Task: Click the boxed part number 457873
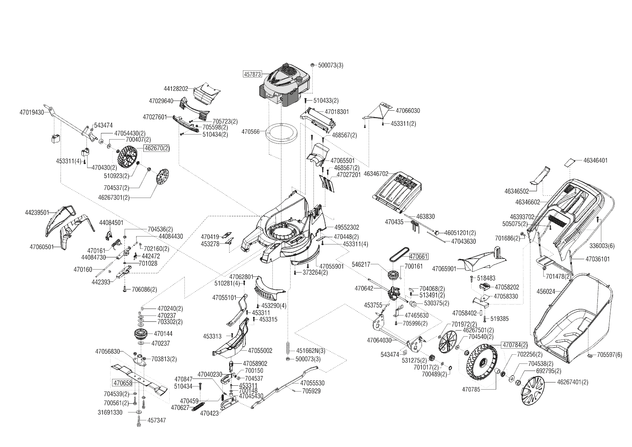coord(253,74)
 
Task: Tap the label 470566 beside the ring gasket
coord(250,132)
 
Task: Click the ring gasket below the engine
coord(281,134)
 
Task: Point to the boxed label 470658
coord(123,383)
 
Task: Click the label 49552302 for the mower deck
coord(347,227)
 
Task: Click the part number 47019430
coord(31,112)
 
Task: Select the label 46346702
coord(376,174)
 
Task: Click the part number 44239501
coord(37,213)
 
